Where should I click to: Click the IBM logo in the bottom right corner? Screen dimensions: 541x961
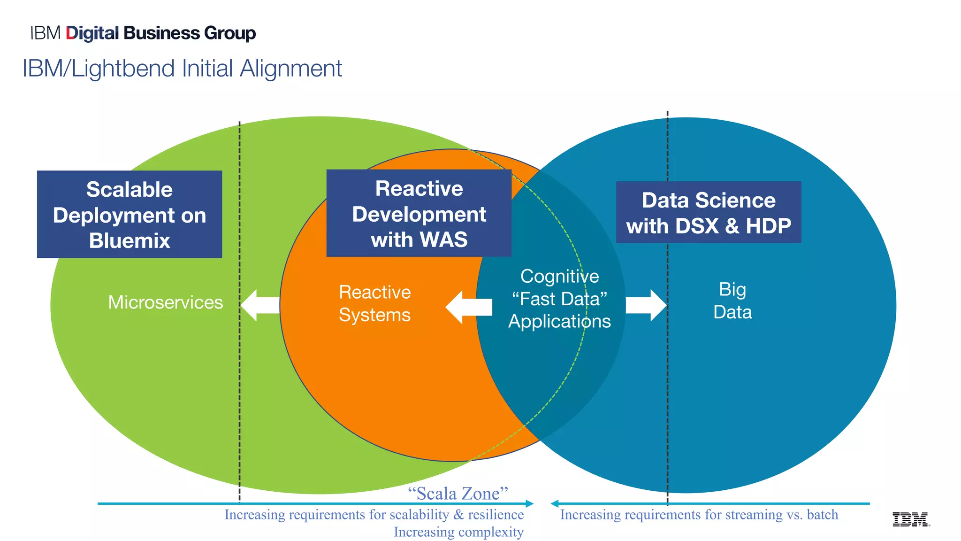click(910, 519)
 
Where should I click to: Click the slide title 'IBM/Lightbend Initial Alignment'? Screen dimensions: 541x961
click(182, 69)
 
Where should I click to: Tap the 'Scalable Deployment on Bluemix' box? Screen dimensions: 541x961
click(130, 214)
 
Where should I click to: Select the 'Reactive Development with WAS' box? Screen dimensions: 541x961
click(419, 213)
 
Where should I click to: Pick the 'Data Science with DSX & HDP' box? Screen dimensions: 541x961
click(709, 212)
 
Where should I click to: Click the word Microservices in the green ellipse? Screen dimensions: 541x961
click(165, 302)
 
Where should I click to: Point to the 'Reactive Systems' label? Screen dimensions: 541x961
click(374, 303)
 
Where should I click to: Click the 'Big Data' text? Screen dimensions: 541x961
click(732, 301)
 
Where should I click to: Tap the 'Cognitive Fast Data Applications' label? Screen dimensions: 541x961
click(559, 299)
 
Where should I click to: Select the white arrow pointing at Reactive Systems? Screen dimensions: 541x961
click(467, 307)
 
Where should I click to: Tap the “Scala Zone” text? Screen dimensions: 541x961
click(458, 494)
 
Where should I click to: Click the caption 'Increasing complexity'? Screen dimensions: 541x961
click(458, 532)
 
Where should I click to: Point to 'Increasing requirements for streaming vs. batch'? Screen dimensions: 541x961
click(699, 515)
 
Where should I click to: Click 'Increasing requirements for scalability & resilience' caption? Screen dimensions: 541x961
click(374, 515)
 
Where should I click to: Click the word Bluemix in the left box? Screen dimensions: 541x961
click(130, 241)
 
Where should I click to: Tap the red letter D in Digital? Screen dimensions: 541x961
click(71, 33)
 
